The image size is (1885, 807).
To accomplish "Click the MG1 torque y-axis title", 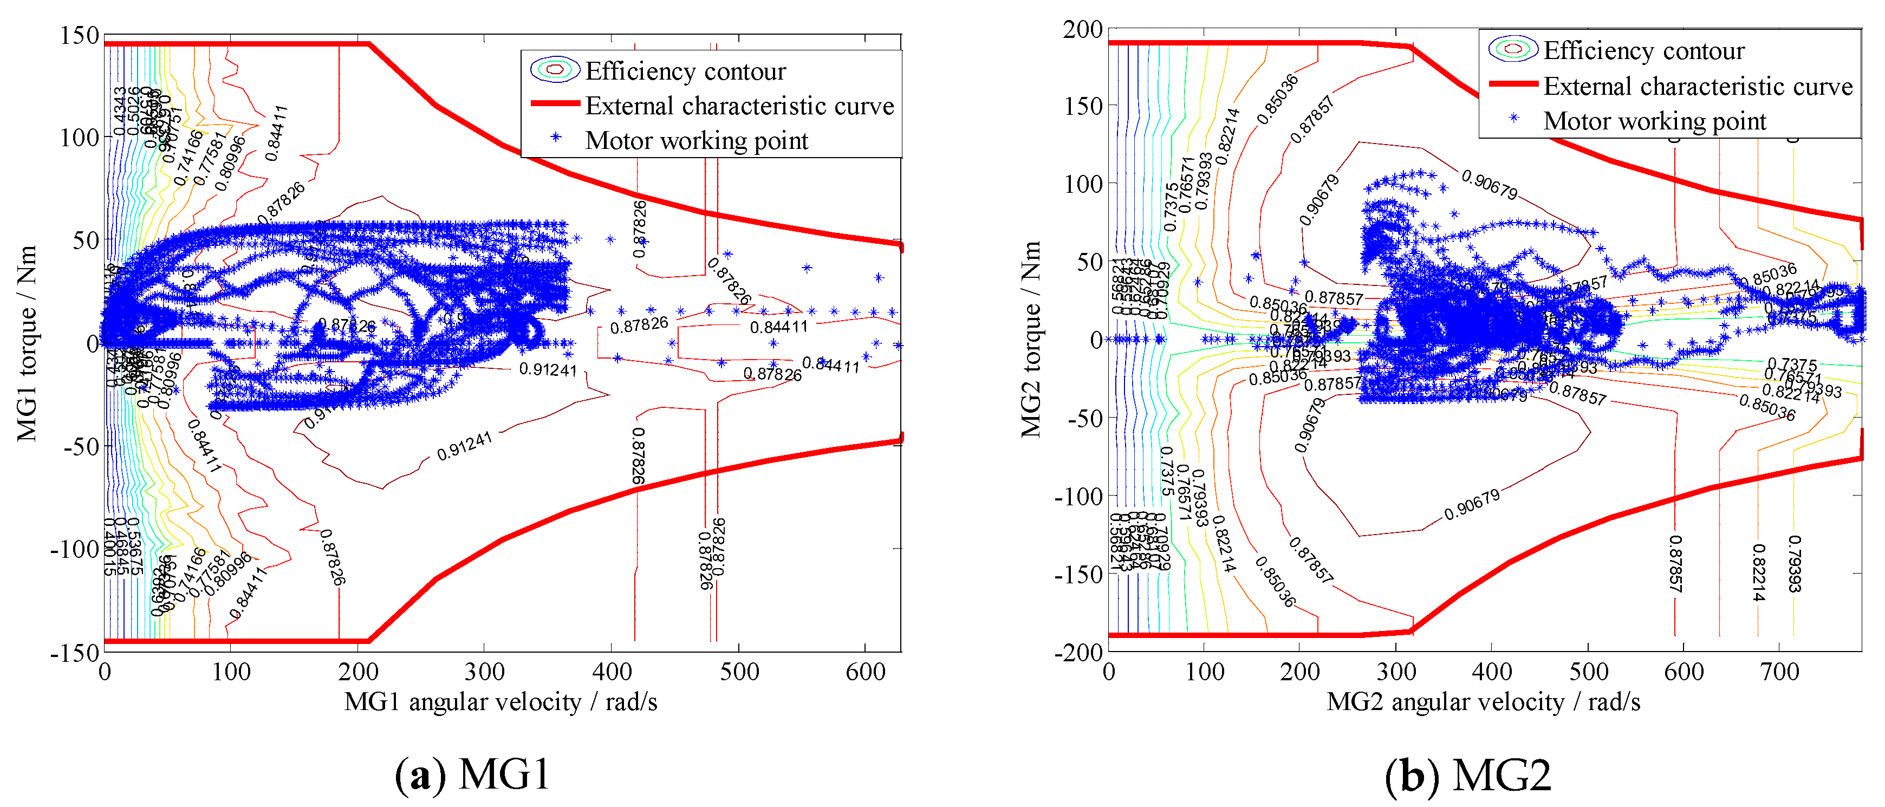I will point(27,344).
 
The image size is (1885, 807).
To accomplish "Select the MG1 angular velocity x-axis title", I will point(500,702).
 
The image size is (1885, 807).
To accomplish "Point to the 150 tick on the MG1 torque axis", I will point(80,35).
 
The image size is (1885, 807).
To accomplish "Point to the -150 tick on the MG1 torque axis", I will point(75,652).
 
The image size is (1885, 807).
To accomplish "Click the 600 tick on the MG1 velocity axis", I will point(865,672).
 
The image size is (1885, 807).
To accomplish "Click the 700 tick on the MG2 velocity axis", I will point(1779,672).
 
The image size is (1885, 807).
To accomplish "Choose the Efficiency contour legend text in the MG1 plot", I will point(686,71).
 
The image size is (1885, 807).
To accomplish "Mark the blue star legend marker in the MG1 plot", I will point(556,138).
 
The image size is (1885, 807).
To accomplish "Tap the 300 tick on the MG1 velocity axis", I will point(484,672).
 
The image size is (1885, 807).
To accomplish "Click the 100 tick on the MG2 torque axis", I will point(1083,184).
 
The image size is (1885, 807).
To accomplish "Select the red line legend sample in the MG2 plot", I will point(1513,84).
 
